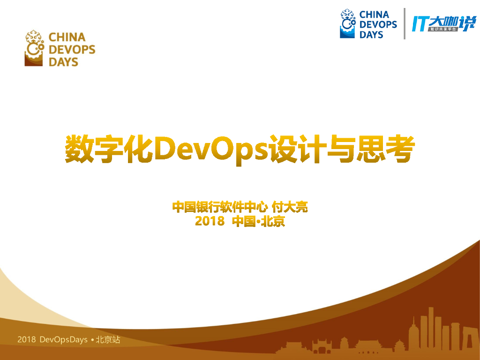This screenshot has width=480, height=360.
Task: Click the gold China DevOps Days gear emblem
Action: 35,49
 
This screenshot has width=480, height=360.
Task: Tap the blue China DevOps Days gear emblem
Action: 347,23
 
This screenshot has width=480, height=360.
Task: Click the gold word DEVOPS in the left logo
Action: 72,49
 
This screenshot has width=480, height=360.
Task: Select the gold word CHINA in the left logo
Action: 67,37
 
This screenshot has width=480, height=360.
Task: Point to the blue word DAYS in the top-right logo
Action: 371,35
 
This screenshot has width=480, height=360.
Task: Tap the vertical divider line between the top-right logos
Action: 405,23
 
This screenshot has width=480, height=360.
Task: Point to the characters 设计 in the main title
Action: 298,149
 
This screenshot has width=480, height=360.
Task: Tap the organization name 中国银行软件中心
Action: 220,207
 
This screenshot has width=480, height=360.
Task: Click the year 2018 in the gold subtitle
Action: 210,221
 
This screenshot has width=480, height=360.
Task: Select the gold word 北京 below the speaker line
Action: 273,221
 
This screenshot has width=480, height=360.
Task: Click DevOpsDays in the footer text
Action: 64,339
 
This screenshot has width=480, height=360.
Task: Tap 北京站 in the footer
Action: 108,339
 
